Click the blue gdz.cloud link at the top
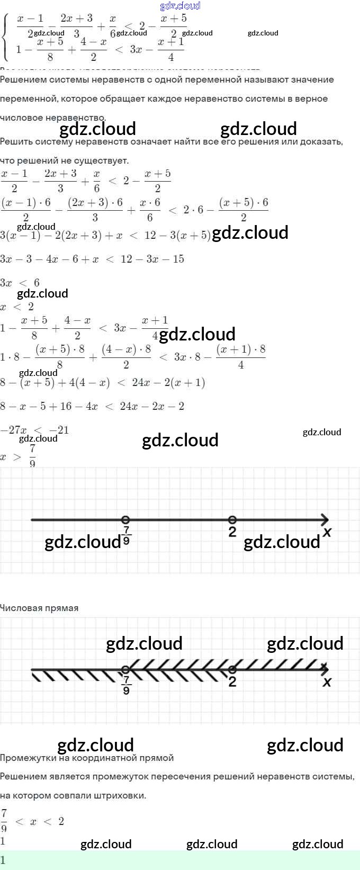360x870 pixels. pos(180,6)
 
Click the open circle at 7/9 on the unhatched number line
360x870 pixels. pos(125,519)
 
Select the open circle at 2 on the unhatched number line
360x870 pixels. pos(232,519)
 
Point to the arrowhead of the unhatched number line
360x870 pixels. pos(325,519)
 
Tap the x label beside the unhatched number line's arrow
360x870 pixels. pos(327,532)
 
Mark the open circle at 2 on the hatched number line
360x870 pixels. pos(232,669)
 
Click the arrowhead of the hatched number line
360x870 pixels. pos(325,669)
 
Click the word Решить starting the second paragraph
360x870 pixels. pos(16,141)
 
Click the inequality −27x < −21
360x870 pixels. pos(35,430)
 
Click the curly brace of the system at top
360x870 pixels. pos(5,38)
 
